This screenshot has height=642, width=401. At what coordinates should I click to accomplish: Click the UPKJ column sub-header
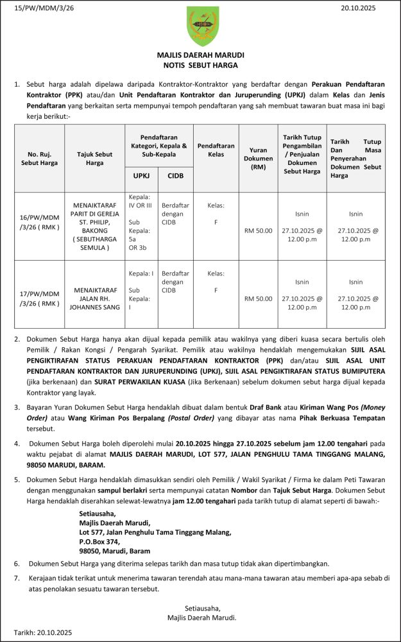tap(141, 176)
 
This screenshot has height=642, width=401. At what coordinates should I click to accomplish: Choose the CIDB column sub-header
tap(175, 176)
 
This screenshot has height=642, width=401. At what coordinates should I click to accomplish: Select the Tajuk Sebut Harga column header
tap(94, 159)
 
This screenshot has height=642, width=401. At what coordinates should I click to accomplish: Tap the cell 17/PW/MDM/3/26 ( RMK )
tap(40, 299)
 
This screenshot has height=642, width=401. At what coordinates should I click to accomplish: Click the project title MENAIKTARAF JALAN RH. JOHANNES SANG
tap(94, 299)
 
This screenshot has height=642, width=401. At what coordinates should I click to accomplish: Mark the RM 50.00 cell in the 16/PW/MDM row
tap(258, 230)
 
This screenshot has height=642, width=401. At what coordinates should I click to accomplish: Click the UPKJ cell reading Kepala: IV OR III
tap(141, 201)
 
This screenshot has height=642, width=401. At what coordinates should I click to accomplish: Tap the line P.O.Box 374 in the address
tap(99, 541)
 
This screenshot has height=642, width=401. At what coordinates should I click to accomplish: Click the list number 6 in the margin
tap(17, 563)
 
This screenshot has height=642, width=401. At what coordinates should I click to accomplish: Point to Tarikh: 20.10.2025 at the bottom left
tap(43, 632)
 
